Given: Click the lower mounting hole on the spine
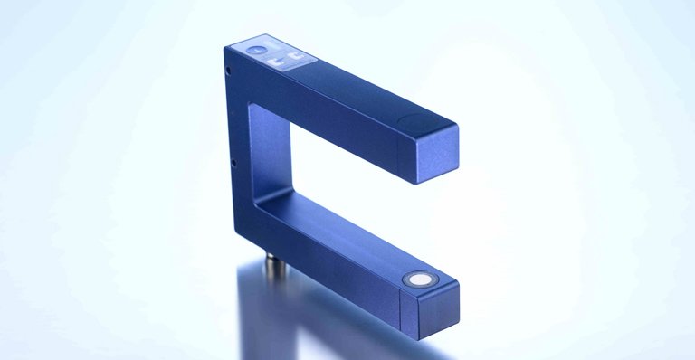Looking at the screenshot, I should tap(233, 164).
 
